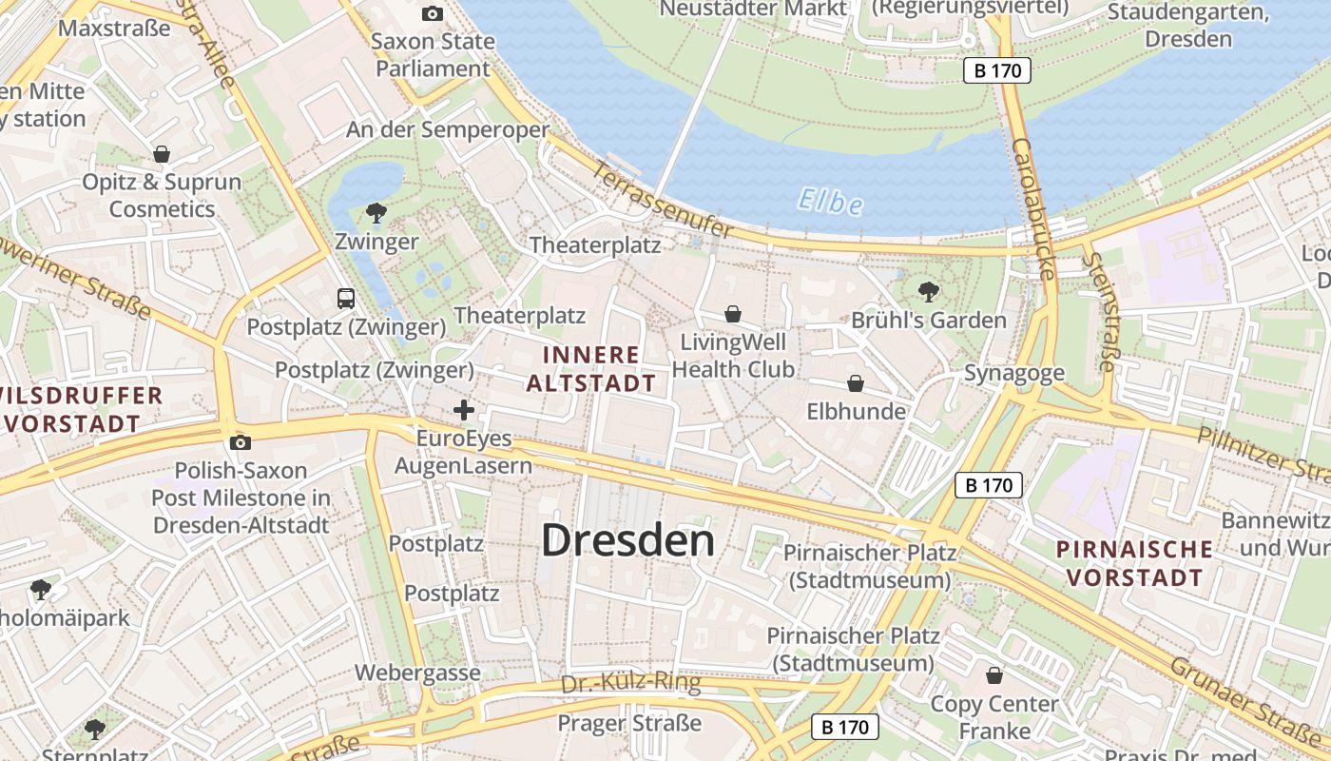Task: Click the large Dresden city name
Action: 627,540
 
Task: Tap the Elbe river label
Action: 830,202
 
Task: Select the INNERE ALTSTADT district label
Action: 590,369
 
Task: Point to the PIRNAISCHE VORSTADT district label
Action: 1135,562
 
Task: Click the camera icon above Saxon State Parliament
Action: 433,13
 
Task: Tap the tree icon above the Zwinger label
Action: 376,212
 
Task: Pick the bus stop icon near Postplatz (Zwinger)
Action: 346,298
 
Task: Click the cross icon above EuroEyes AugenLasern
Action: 464,410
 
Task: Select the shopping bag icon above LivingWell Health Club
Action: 733,313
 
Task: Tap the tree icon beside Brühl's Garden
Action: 929,291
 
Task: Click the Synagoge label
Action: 1014,373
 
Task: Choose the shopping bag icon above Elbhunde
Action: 856,383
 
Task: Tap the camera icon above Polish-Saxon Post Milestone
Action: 240,442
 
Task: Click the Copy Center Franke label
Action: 994,717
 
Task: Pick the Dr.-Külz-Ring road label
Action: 630,683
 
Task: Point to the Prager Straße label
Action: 629,723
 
